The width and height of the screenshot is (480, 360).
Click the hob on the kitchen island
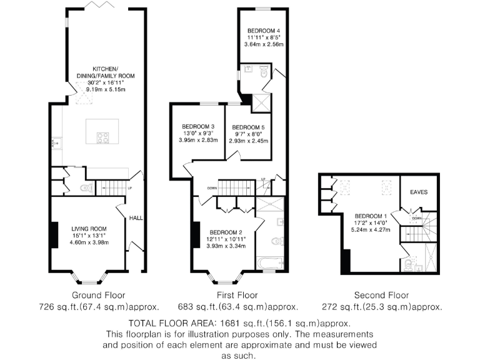(x=104, y=137)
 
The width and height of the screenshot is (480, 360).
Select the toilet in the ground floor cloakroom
(x=86, y=187)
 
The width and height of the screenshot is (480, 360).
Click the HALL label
(x=136, y=218)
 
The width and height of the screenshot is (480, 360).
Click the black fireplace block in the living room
(x=55, y=236)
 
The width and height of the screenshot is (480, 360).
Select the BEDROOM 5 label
(x=247, y=127)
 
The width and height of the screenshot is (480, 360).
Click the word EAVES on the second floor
(x=419, y=192)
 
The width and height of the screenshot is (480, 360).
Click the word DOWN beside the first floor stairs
(x=212, y=187)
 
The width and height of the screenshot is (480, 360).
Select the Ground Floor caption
(x=98, y=295)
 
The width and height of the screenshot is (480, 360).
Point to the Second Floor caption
(x=381, y=295)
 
